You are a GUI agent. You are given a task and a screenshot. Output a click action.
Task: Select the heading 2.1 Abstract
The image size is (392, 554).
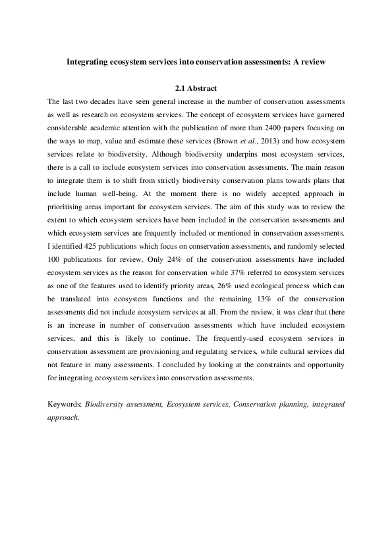point(196,88)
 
